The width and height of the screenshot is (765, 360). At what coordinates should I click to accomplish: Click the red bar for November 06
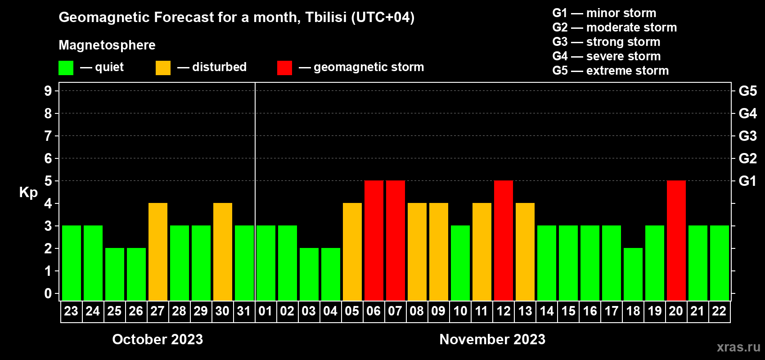(373, 240)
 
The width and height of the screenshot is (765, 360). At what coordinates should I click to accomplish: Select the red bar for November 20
(676, 240)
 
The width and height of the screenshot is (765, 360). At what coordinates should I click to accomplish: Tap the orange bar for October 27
(158, 252)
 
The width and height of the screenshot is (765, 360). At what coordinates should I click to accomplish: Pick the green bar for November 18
(633, 274)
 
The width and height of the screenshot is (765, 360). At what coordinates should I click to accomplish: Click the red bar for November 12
(504, 240)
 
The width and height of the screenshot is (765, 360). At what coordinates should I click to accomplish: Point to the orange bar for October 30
(223, 252)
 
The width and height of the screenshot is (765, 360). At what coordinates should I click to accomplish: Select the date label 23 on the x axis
(71, 311)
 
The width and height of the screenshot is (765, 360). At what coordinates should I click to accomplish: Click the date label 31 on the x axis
(244, 311)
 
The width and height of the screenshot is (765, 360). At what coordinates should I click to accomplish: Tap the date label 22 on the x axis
(719, 311)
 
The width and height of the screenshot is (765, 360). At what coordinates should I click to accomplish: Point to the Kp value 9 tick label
(48, 91)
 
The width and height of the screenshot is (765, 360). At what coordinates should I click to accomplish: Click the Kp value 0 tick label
(48, 293)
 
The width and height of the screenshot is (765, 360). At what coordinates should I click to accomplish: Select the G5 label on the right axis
(748, 91)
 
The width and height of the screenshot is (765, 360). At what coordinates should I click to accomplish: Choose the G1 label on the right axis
(748, 181)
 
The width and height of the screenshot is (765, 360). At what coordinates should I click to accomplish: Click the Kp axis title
(28, 193)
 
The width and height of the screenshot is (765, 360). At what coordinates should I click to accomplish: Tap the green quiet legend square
(66, 67)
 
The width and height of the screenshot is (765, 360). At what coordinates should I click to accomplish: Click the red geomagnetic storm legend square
(285, 67)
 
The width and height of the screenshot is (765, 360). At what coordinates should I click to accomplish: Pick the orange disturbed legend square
(163, 67)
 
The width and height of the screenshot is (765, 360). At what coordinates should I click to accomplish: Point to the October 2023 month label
(158, 339)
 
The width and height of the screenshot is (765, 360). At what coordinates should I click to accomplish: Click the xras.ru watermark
(738, 347)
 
